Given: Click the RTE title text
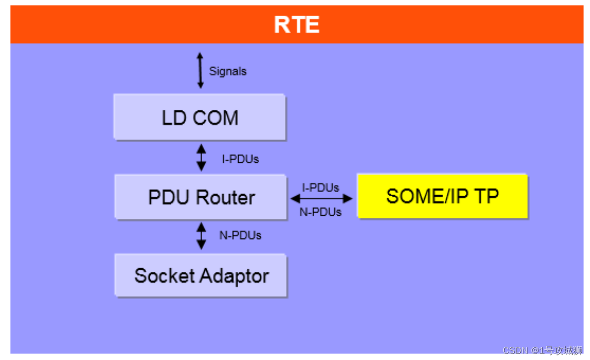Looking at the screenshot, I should (297, 25).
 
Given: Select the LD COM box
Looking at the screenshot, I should (200, 117).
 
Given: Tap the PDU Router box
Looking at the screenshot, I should (201, 197).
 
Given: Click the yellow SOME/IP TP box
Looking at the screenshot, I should (442, 196).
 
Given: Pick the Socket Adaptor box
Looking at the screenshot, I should (201, 276).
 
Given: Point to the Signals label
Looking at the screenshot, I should (228, 72).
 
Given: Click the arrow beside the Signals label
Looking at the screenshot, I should (200, 71).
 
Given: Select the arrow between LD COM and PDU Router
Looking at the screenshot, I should (201, 158).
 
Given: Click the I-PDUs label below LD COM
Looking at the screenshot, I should (240, 159).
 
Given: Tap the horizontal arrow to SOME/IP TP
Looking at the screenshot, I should (321, 199).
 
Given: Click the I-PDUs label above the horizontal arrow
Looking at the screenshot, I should (321, 188).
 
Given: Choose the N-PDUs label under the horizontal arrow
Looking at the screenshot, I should (321, 212).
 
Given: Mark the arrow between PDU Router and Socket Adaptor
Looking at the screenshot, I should (201, 236).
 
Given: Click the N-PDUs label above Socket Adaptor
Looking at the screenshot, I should (240, 235).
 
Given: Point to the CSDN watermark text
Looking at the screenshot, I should (543, 350).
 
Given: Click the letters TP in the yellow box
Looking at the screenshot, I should (487, 196).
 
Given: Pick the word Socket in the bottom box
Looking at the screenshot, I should (164, 276).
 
